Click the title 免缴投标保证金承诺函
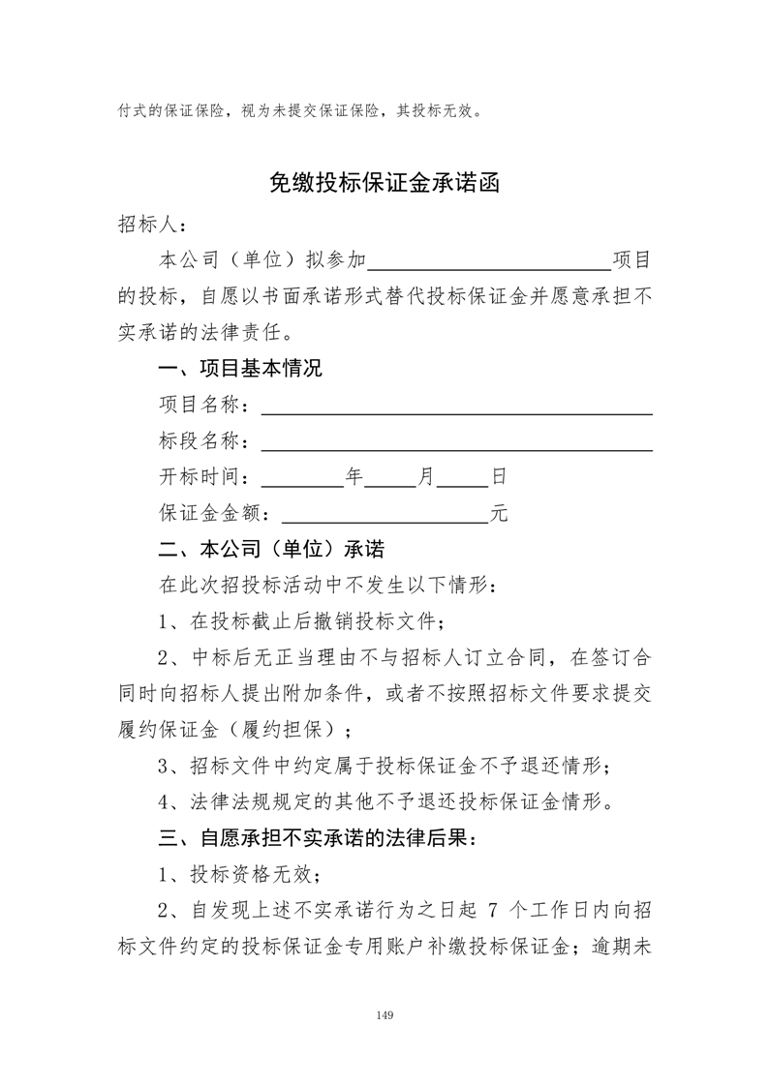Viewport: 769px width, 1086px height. pyautogui.click(x=384, y=184)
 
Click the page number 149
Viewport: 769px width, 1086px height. pyautogui.click(x=384, y=1015)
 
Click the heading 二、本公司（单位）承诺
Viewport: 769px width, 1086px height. pyautogui.click(x=271, y=549)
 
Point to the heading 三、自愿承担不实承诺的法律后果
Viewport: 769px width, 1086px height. pyautogui.click(x=318, y=836)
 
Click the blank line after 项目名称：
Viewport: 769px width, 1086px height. pyautogui.click(x=456, y=407)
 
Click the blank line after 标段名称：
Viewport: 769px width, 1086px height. pyautogui.click(x=456, y=442)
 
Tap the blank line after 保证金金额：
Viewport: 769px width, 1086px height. pyautogui.click(x=384, y=515)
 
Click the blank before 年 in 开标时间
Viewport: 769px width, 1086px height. pyautogui.click(x=302, y=479)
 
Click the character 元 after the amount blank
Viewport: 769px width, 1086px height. pyautogui.click(x=499, y=514)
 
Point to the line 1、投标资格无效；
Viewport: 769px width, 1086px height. pyautogui.click(x=238, y=874)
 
